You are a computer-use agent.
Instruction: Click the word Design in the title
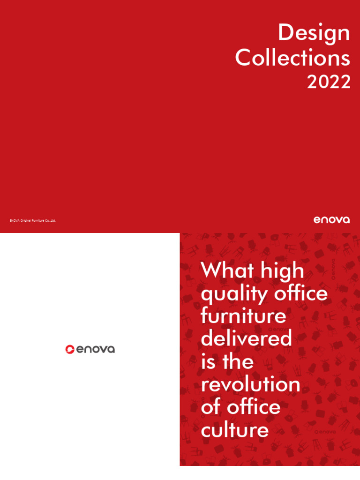[314, 34]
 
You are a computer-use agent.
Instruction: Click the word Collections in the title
[292, 58]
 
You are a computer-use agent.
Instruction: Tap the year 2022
[329, 82]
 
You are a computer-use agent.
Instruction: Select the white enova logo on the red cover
[331, 219]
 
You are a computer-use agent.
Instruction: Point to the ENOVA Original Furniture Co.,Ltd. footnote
[32, 220]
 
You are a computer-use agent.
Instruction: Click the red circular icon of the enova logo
[70, 349]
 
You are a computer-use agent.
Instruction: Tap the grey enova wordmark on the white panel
[96, 349]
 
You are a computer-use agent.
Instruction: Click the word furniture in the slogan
[243, 315]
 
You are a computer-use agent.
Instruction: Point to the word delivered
[246, 338]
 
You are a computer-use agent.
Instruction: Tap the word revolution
[250, 384]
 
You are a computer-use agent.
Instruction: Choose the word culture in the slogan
[235, 430]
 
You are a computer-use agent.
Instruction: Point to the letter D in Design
[286, 34]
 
